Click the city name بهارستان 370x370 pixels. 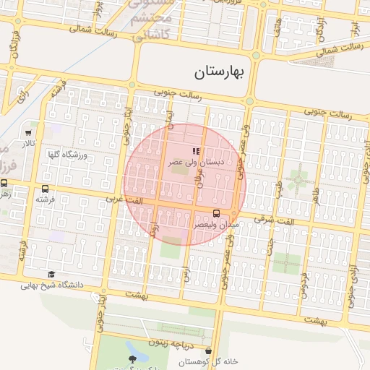(x=221, y=72)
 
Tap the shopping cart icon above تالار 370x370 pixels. (x=28, y=133)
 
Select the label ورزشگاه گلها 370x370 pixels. (x=67, y=155)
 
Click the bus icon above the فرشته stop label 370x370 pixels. (x=46, y=189)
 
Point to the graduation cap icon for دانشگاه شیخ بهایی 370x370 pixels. (x=51, y=274)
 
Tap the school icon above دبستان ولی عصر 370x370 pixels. (x=195, y=151)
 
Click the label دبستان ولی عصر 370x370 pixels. (x=196, y=163)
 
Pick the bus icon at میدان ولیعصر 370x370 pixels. (x=217, y=212)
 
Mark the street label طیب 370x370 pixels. (x=278, y=187)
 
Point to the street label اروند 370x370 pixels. (x=153, y=230)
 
